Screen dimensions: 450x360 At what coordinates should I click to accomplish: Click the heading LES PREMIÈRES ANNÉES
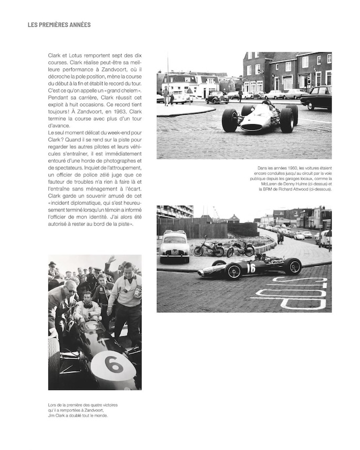tap(59, 25)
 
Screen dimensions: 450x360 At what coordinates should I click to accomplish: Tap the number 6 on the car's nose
tap(113, 364)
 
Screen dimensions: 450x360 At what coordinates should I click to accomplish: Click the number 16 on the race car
tap(251, 268)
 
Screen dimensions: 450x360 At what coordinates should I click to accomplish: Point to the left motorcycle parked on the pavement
tap(209, 248)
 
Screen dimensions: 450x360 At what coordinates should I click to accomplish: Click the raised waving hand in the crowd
tap(112, 260)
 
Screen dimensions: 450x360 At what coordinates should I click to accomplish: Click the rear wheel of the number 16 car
tap(293, 266)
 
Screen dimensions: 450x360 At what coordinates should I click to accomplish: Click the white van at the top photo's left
tap(178, 96)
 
